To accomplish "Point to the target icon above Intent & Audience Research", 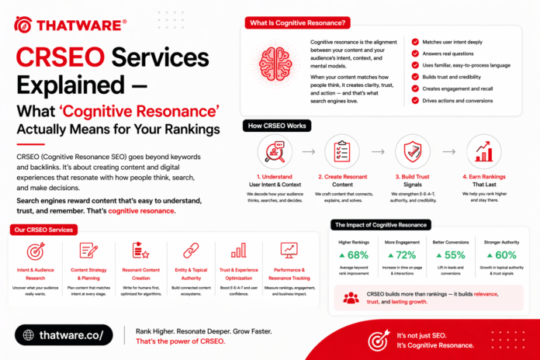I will tap(36, 251).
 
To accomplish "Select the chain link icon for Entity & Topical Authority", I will tap(191, 251).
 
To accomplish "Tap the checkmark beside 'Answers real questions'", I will tap(416, 54).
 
